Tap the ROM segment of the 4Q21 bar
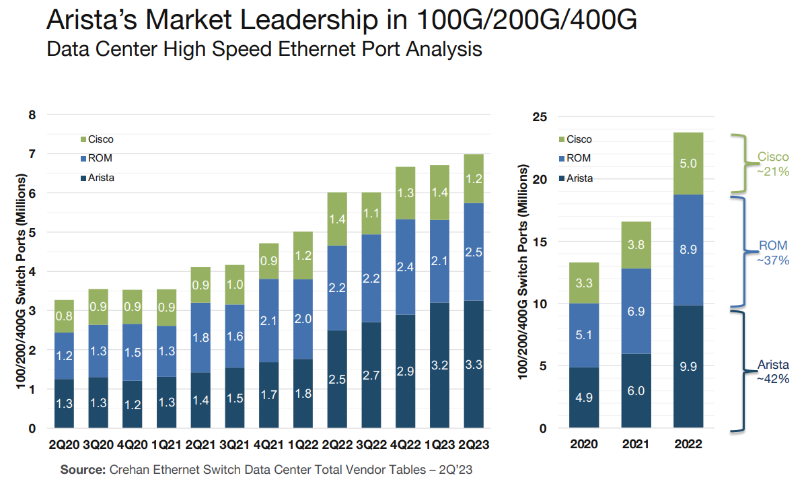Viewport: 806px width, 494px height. pyautogui.click(x=269, y=320)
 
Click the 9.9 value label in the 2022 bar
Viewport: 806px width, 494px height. pyautogui.click(x=688, y=367)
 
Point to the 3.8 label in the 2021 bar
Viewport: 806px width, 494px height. pyautogui.click(x=636, y=245)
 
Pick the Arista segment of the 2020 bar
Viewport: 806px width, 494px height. pyautogui.click(x=584, y=397)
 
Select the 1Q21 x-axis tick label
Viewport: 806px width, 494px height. pyautogui.click(x=166, y=445)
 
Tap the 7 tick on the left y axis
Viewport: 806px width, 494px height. pyautogui.click(x=32, y=154)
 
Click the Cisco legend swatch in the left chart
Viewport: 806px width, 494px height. pyautogui.click(x=83, y=139)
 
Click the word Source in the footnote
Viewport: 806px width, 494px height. pyautogui.click(x=83, y=470)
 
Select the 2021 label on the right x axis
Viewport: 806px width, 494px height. pyautogui.click(x=636, y=445)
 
